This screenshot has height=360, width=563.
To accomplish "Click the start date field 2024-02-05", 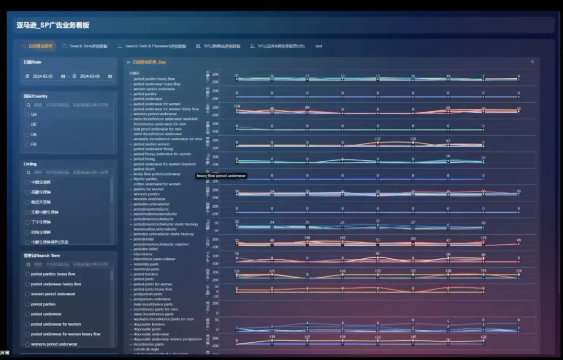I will coord(43,76).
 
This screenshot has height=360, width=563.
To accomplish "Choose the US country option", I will coord(34,114).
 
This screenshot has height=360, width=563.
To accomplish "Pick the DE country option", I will coord(34,124).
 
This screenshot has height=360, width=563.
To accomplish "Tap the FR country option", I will coord(34,145).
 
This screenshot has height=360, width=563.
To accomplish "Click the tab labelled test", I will coord(319,46).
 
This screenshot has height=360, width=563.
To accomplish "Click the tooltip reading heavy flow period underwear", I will coord(221,176).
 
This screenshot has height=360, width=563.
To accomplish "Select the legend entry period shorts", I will coord(144,169).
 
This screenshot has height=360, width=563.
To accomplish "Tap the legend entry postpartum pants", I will coord(148,294).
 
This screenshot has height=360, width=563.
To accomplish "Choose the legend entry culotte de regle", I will coord(146,350).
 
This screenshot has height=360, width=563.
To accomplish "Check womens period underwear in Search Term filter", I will coord(54,344).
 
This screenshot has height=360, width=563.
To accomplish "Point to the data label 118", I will coord(237,106).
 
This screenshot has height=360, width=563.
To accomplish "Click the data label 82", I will coord(377,254).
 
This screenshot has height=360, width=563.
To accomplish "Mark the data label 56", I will coord(448,156).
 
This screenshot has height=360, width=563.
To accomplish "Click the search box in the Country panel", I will coord(70,104).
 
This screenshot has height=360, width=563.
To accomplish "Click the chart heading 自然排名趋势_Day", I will coord(149,62).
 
